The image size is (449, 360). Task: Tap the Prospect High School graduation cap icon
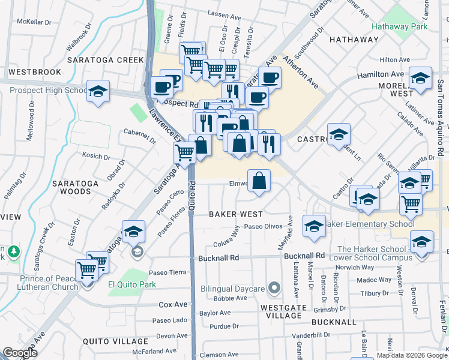(98, 91)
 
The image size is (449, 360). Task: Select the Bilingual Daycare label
(233, 289)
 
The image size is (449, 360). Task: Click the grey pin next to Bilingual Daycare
(274, 289)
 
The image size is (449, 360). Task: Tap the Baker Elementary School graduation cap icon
(313, 226)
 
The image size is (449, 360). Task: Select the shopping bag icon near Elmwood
(259, 181)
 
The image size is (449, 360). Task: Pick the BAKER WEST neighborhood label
(235, 214)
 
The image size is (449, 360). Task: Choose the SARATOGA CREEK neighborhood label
(106, 60)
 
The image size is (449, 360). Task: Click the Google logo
(20, 352)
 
